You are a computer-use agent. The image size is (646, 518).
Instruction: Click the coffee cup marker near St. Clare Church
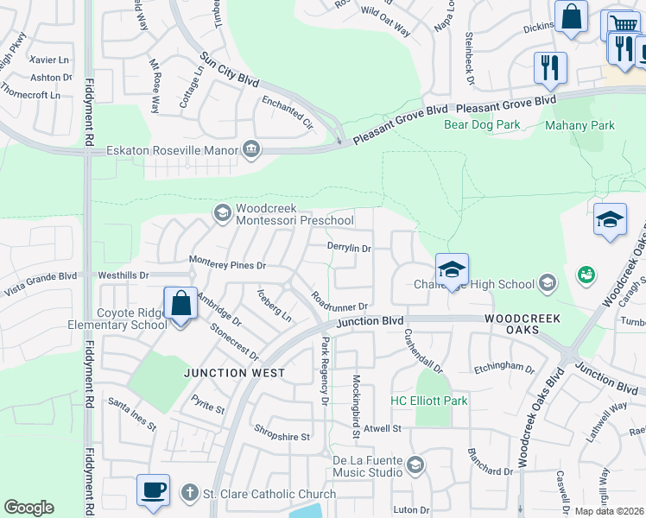[153, 490]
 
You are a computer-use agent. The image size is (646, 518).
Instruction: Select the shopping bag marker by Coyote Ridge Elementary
[180, 304]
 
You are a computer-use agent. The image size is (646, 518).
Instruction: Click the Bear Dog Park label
[482, 125]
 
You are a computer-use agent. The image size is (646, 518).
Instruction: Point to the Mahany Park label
[579, 125]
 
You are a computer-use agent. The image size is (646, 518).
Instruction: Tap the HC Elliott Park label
[429, 401]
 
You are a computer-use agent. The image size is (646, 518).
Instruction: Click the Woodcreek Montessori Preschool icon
[222, 212]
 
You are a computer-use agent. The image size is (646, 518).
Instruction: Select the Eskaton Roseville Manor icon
[251, 149]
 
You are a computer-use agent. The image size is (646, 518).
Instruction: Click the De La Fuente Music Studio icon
[415, 466]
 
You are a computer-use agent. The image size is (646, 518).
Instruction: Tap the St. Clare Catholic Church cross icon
[190, 494]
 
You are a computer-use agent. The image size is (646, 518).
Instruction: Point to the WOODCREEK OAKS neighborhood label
[522, 319]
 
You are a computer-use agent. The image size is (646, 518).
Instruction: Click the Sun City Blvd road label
[230, 69]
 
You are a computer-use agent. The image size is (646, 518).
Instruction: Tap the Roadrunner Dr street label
[341, 306]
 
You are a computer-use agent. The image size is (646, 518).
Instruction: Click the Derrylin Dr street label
[349, 248]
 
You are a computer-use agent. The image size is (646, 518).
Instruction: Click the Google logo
[28, 508]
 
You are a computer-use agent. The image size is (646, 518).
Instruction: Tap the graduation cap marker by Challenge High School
[452, 269]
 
